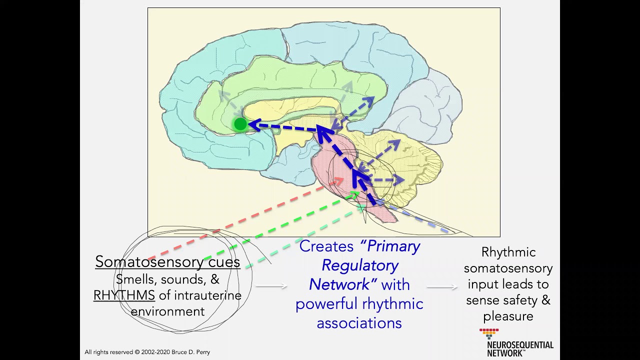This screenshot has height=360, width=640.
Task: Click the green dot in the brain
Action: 240,124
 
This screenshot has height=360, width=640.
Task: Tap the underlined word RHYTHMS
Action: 124,295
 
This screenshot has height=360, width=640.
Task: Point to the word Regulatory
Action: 359,265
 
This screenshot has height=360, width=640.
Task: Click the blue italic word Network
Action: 339,284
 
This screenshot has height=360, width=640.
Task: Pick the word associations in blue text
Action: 359,323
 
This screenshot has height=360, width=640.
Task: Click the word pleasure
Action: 508,316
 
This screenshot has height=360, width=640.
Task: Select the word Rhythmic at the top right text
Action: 508,252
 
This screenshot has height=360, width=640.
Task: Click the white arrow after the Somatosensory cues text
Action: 271,286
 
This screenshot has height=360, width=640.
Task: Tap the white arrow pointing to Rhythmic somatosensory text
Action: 442,286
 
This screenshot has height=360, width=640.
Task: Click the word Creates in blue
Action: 326,246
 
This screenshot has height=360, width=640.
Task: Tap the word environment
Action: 167,311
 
